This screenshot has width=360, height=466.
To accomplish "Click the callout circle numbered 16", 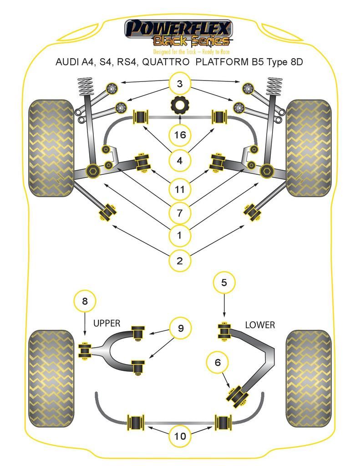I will (x=180, y=135).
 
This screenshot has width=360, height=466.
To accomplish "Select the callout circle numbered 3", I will (x=180, y=84).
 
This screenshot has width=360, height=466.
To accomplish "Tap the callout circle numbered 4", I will (x=180, y=160).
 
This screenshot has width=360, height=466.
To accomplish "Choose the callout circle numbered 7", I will (x=180, y=212).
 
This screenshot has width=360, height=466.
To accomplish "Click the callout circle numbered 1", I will (x=180, y=235).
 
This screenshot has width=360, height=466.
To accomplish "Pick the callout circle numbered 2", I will (x=180, y=261).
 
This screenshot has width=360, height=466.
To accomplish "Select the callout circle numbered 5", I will (x=224, y=283).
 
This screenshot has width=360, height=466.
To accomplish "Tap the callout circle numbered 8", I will (x=85, y=301).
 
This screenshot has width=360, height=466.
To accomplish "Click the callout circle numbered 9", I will (x=181, y=328).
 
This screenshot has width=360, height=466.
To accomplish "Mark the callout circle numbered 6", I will (x=218, y=362).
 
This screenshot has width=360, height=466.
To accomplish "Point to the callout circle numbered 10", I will (x=180, y=436).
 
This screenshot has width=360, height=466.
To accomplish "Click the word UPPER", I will (x=106, y=324).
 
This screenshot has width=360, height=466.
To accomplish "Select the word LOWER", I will (x=260, y=325).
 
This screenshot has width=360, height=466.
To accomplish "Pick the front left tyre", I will (x=51, y=148).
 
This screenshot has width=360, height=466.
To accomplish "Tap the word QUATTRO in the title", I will (x=167, y=62).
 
